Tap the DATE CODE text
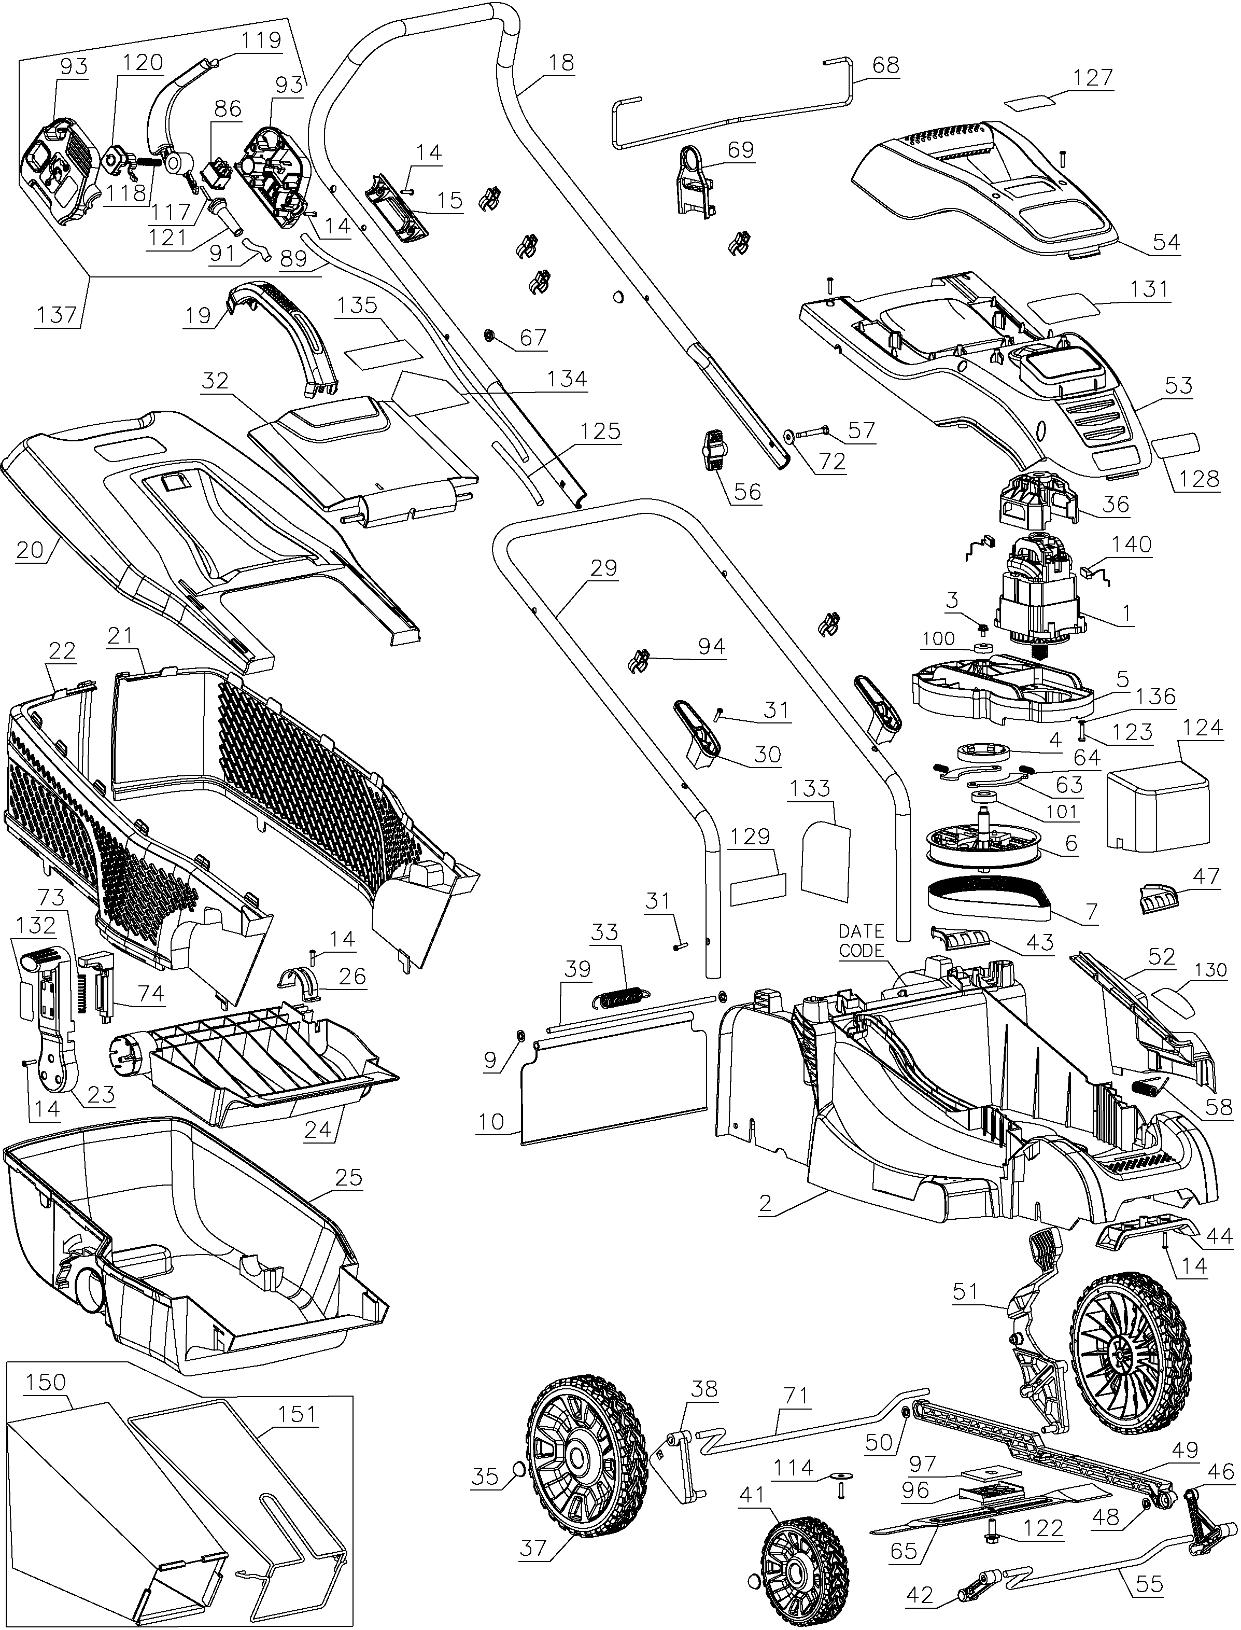point(862,941)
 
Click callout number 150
point(46,1382)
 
